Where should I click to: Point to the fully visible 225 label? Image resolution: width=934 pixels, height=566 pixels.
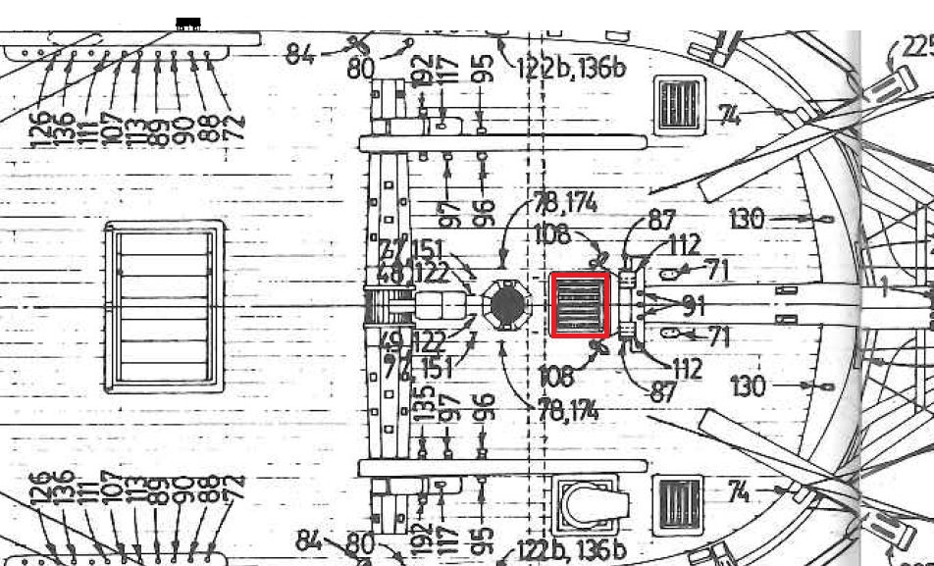click(x=916, y=47)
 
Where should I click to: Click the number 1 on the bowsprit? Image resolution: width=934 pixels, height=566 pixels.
click(x=883, y=287)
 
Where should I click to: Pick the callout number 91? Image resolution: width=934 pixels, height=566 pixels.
click(x=693, y=306)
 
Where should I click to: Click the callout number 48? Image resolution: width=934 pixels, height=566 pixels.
click(x=389, y=275)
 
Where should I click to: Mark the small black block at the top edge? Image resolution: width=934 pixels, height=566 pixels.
click(x=188, y=23)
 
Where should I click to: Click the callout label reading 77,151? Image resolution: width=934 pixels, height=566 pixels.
click(x=413, y=250)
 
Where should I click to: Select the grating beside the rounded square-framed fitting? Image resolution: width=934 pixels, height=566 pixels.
click(x=677, y=505)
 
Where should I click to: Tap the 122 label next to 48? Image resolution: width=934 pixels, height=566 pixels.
click(x=432, y=275)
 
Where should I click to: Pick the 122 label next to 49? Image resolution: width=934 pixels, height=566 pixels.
click(x=431, y=342)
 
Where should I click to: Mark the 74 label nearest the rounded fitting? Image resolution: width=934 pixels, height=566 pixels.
click(x=742, y=491)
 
